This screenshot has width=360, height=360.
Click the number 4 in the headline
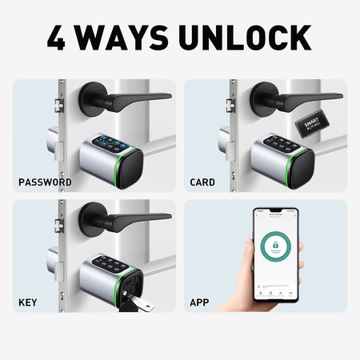click(x=58, y=38)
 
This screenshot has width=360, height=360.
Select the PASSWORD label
click(x=45, y=182)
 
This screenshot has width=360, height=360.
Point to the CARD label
click(x=202, y=182)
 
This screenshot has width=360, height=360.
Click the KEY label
click(x=27, y=303)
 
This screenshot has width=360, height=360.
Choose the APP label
click(x=199, y=303)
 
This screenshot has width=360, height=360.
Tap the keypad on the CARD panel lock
click(x=280, y=142)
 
